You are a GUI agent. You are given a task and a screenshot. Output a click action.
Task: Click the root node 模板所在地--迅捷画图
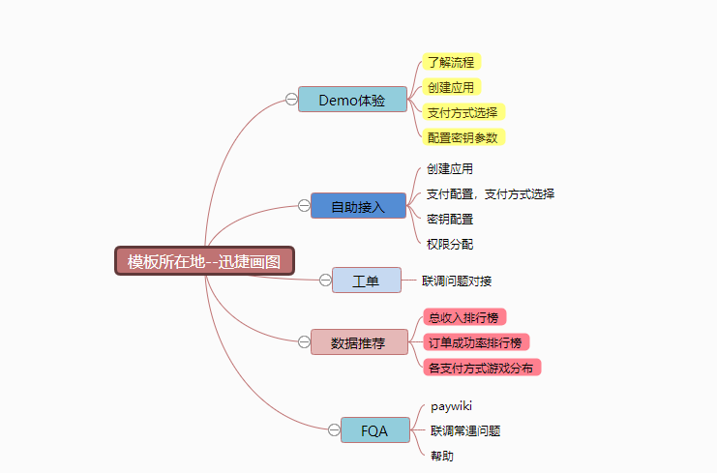tap(204, 261)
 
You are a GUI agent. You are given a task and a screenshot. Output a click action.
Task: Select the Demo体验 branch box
tap(352, 100)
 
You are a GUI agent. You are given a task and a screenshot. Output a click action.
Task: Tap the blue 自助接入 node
tap(358, 206)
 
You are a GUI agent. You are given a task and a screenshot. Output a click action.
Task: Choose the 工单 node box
tap(366, 281)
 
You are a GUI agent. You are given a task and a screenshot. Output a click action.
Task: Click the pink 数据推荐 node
tap(358, 342)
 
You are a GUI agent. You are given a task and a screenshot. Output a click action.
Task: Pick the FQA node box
tap(374, 430)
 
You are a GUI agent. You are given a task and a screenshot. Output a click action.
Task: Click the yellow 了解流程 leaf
tap(451, 62)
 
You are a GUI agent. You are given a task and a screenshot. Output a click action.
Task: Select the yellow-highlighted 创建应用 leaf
tap(451, 87)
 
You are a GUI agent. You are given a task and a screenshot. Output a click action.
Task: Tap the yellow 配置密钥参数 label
tap(463, 137)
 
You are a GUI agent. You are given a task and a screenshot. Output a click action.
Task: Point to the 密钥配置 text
tap(450, 219)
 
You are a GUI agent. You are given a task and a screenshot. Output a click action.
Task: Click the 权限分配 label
tap(450, 244)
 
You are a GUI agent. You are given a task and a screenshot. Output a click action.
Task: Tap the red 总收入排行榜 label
tap(465, 317)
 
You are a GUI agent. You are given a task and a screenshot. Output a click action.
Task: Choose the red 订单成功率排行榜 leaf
tap(475, 342)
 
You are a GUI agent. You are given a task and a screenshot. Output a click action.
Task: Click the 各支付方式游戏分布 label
tap(481, 368)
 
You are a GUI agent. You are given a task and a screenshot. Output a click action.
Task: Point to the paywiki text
tap(451, 405)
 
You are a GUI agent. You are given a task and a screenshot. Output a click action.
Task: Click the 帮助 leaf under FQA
tap(442, 456)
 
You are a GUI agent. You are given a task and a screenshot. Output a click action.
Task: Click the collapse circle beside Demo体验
tap(291, 99)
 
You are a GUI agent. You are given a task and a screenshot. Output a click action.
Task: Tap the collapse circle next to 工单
tap(325, 281)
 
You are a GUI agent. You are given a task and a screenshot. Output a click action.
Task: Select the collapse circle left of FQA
tap(334, 430)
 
